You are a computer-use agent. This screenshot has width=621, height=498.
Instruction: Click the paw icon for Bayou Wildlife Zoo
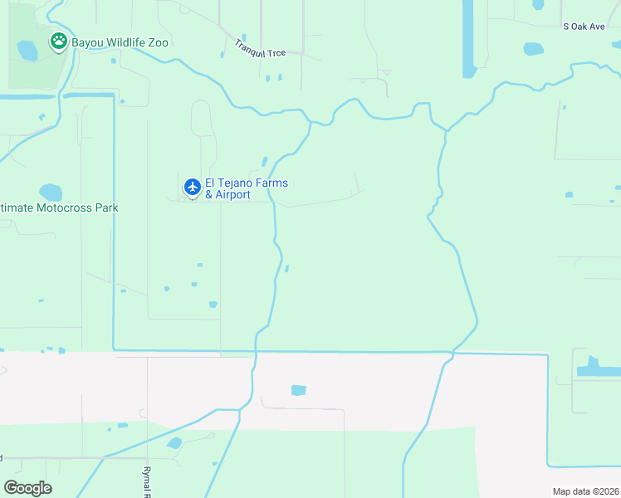(58, 41)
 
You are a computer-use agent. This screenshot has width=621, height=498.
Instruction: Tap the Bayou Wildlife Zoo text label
(120, 42)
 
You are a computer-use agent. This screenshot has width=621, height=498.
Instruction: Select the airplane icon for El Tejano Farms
(192, 188)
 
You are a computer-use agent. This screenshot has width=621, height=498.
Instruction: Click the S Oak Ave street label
(584, 27)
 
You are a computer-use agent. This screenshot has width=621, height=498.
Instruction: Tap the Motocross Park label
(59, 207)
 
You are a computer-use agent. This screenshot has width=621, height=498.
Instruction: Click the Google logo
(27, 488)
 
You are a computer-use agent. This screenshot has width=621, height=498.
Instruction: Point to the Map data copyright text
(585, 491)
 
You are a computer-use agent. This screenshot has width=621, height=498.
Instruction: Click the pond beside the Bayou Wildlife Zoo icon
(27, 51)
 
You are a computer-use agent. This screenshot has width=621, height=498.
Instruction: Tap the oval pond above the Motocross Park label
(51, 193)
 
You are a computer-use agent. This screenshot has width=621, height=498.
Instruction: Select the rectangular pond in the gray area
(298, 390)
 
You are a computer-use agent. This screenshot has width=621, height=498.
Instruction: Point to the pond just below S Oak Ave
(534, 49)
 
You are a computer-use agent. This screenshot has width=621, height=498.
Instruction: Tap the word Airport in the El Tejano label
(232, 194)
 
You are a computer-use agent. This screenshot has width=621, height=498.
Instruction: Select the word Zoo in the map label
(157, 42)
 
